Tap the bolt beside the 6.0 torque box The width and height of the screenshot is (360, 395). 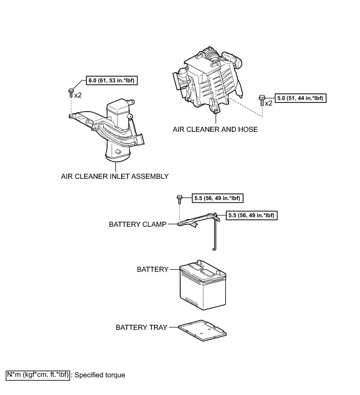coord(71,92)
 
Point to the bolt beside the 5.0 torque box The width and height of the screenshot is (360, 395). coord(262,100)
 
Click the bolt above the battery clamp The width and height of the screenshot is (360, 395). coord(179,199)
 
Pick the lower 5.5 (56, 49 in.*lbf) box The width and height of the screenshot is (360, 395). coord(252,215)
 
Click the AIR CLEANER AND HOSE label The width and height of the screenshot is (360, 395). coord(215,129)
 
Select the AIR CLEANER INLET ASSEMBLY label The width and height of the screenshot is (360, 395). coord(115,176)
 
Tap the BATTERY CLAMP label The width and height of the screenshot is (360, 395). coord(137,224)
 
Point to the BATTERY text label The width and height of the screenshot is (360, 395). coord(152,269)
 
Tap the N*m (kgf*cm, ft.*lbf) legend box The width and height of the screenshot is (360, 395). coord(37,375)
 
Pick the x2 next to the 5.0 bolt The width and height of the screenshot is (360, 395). coord(269,103)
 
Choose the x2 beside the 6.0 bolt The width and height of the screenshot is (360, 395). coord(78,95)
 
